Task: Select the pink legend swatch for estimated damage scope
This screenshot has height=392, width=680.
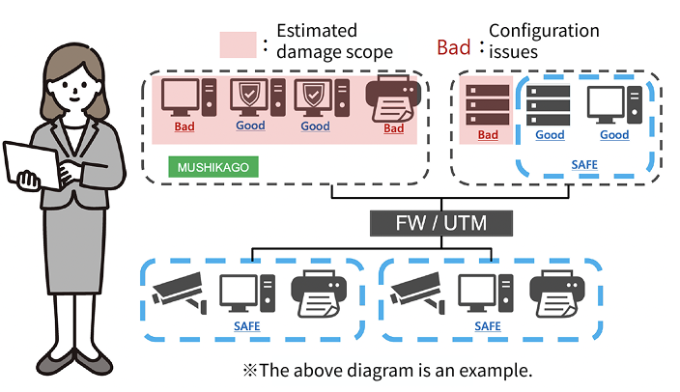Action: [237, 44]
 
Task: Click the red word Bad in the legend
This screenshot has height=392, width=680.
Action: [454, 47]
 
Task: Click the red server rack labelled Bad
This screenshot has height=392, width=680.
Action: [487, 104]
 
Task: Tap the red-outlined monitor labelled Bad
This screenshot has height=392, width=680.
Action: [182, 97]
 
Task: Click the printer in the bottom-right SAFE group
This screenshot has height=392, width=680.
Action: [557, 294]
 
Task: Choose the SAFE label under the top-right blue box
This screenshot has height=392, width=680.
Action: [583, 165]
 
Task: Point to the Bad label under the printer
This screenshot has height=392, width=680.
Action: [393, 127]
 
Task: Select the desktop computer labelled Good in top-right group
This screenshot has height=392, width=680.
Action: [613, 104]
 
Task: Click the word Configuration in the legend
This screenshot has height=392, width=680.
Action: [544, 31]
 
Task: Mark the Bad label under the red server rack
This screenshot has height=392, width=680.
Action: [488, 135]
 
